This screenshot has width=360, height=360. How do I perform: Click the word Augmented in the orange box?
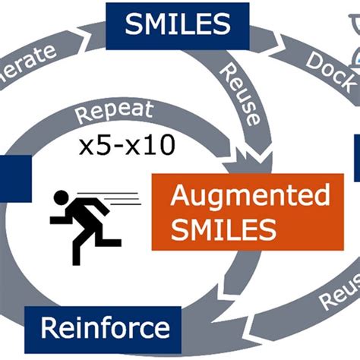tap(250, 196)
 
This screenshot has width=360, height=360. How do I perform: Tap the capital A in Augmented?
tap(180, 194)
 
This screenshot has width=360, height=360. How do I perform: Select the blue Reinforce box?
tap(105, 328)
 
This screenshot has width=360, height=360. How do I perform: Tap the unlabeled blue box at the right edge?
tap(356, 156)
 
